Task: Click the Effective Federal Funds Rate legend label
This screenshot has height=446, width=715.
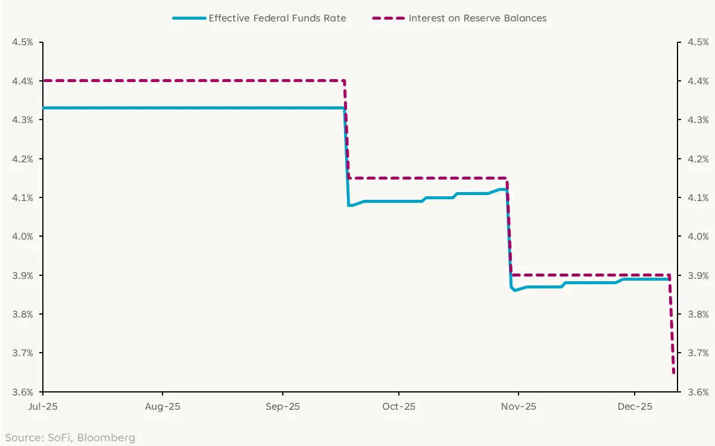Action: [x=277, y=18]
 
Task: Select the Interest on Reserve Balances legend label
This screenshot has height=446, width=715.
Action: [x=477, y=18]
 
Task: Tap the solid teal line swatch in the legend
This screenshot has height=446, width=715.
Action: [x=189, y=18]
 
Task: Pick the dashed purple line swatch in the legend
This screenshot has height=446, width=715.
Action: [x=389, y=18]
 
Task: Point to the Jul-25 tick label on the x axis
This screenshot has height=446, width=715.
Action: [x=43, y=407]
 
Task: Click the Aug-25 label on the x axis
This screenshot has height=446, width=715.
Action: [x=163, y=407]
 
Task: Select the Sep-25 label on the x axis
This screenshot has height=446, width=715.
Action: [x=282, y=407]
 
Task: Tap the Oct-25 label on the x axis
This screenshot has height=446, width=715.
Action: [x=398, y=407]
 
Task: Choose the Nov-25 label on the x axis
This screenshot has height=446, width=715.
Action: [x=519, y=407]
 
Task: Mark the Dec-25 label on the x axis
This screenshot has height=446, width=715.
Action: [x=635, y=407]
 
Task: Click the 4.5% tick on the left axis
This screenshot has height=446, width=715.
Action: [x=23, y=42]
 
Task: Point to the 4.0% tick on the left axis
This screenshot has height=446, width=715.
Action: [x=23, y=237]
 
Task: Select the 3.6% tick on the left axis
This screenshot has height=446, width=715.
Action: [x=23, y=392]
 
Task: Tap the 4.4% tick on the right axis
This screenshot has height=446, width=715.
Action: [x=698, y=81]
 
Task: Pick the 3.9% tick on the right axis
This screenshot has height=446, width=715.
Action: [x=698, y=275]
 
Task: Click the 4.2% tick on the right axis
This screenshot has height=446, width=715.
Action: [x=698, y=159]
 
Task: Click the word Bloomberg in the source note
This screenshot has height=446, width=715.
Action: [x=107, y=438]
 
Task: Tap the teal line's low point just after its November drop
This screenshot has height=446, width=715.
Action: [x=514, y=290]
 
